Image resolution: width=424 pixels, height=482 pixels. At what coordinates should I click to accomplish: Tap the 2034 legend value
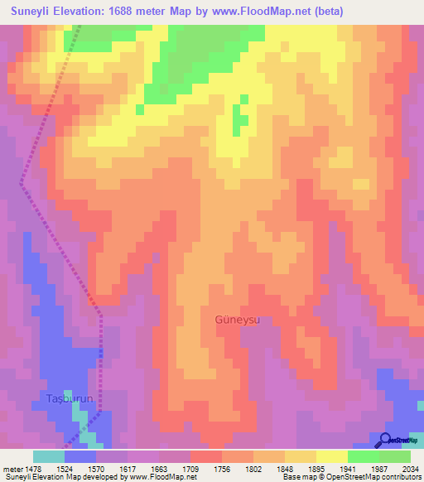pos(411,468)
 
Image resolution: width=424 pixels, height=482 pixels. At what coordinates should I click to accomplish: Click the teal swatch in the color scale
pos(49,456)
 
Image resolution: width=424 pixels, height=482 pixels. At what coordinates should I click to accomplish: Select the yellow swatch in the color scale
pos(332,456)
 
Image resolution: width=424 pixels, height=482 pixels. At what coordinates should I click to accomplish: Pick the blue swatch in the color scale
pos(80,456)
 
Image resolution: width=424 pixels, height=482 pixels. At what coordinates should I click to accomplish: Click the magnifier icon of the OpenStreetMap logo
pos(386,440)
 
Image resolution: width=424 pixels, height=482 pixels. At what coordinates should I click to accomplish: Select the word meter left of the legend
pos(12,468)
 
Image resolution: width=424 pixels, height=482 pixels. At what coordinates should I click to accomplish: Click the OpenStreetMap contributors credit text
pos(376,478)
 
